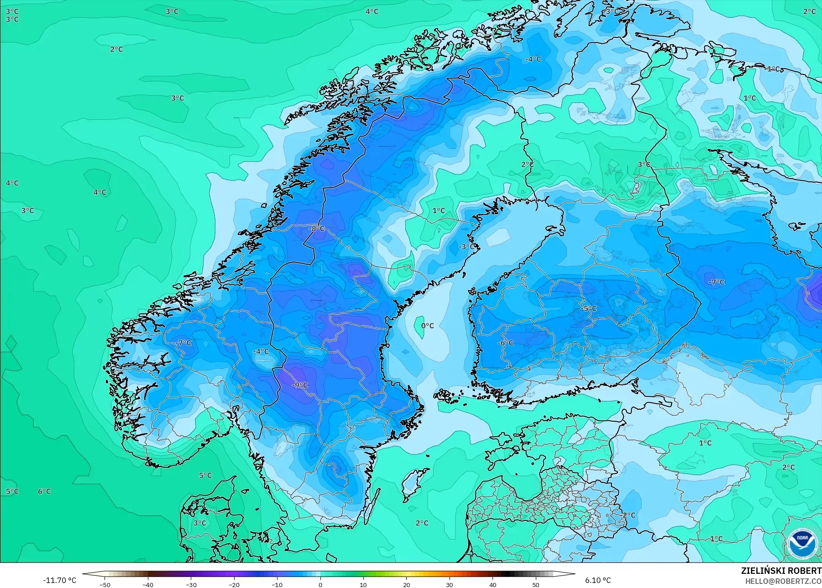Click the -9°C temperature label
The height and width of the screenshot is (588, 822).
pyautogui.click(x=300, y=385)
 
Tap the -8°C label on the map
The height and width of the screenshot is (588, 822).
pyautogui.click(x=316, y=228)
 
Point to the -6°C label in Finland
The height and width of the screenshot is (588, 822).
pyautogui.click(x=505, y=343)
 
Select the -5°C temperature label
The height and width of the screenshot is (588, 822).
pyautogui.click(x=589, y=308)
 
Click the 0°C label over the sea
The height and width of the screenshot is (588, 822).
pyautogui.click(x=427, y=326)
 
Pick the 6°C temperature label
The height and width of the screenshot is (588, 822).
pyautogui.click(x=44, y=491)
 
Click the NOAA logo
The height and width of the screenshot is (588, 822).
pyautogui.click(x=802, y=543)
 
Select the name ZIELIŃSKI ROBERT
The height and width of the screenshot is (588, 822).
pyautogui.click(x=781, y=571)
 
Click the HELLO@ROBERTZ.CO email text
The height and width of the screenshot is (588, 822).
pyautogui.click(x=783, y=581)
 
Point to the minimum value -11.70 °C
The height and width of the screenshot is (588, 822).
pyautogui.click(x=59, y=580)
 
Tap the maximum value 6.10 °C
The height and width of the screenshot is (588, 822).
pyautogui.click(x=598, y=580)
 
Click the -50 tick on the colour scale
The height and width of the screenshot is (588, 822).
pyautogui.click(x=105, y=584)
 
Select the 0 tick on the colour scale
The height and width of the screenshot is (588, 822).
pyautogui.click(x=320, y=584)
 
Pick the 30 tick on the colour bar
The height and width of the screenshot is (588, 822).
pyautogui.click(x=450, y=584)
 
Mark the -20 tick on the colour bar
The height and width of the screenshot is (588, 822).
pyautogui.click(x=234, y=584)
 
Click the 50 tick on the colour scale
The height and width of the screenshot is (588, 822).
pyautogui.click(x=536, y=584)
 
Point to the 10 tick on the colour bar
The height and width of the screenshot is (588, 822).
pyautogui.click(x=363, y=584)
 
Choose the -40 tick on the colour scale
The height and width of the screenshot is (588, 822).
pyautogui.click(x=147, y=584)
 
